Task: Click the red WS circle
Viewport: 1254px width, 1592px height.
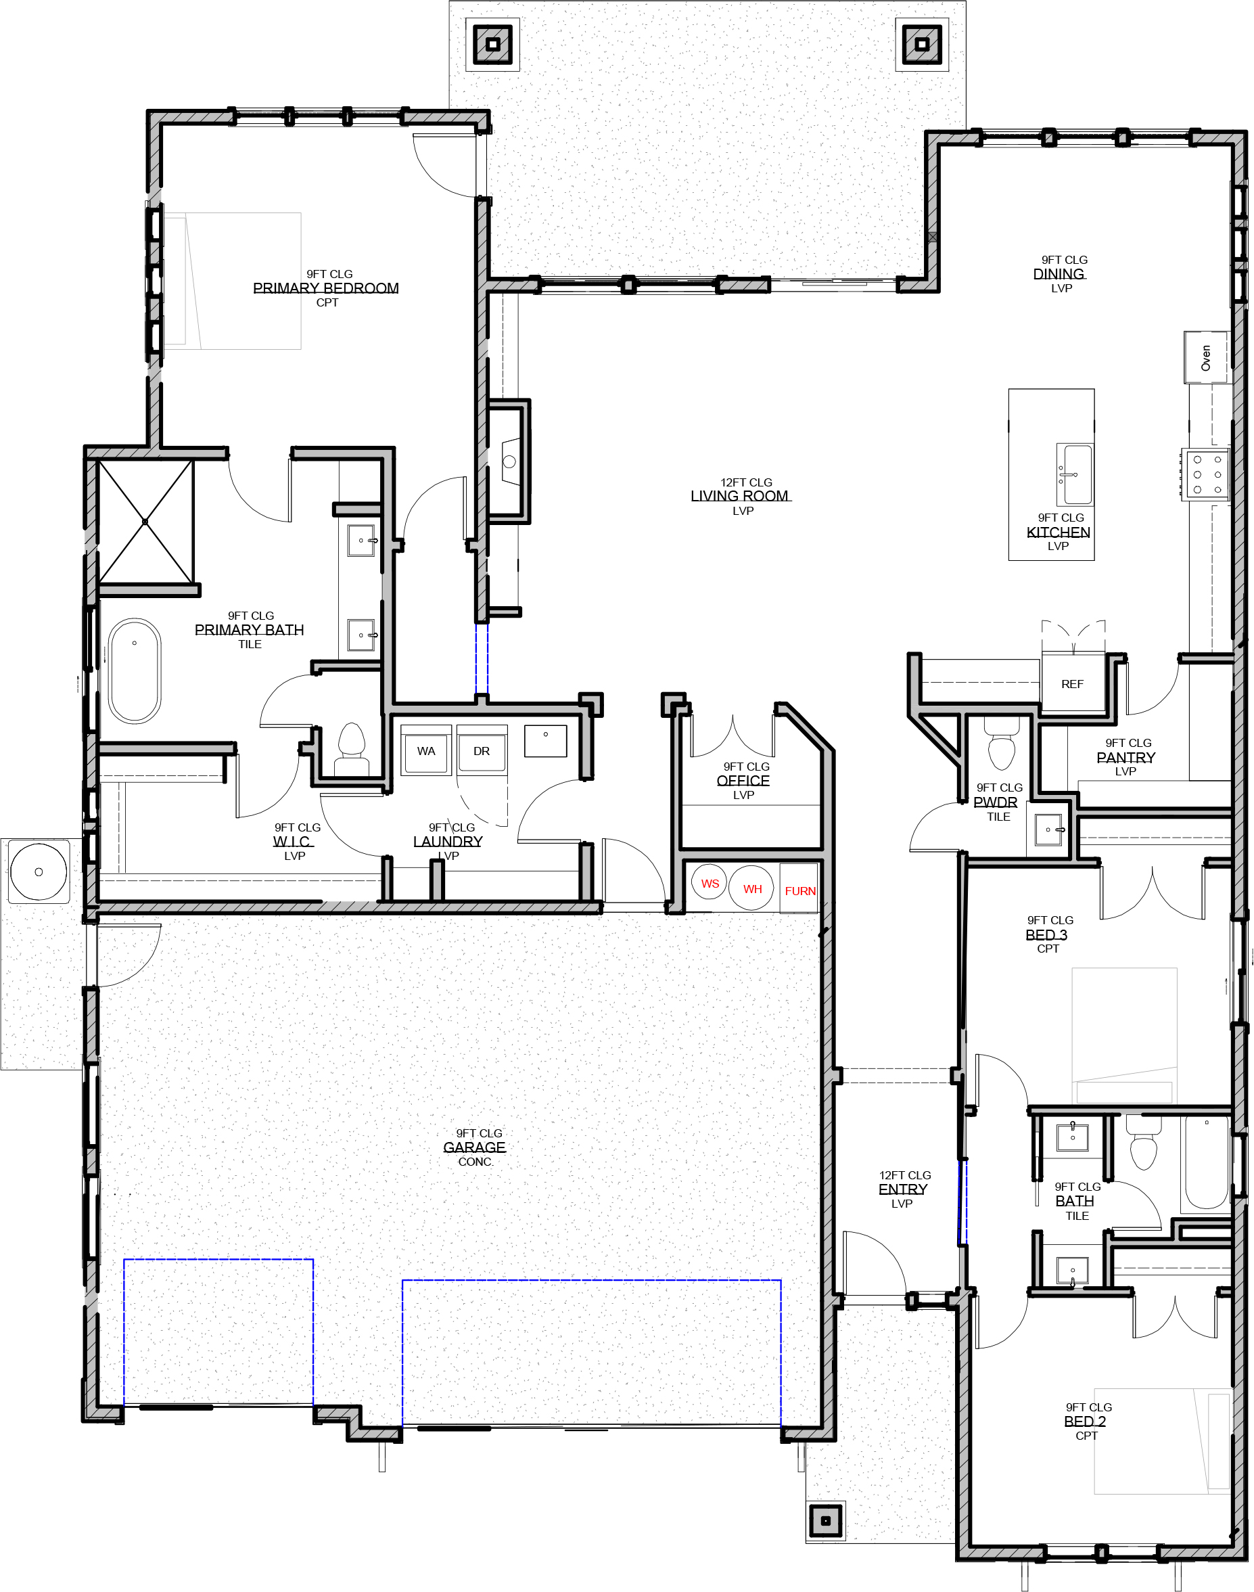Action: (710, 883)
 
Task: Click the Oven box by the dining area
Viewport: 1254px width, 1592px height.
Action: (1205, 358)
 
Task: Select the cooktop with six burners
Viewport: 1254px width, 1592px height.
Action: (1205, 474)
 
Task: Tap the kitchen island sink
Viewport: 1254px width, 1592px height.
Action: (1075, 474)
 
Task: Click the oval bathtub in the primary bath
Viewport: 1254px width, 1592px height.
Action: (135, 671)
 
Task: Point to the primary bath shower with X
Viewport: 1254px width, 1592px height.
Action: (145, 522)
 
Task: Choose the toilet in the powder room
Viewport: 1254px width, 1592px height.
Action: (1002, 743)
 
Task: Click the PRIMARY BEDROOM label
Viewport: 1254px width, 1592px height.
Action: (326, 288)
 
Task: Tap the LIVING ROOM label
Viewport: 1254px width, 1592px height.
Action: (740, 496)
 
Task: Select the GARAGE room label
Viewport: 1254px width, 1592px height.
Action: (474, 1147)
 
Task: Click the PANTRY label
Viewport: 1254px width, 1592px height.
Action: (1125, 757)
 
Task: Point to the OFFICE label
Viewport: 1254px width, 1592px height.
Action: (743, 781)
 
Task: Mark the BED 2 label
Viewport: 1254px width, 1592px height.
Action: (1085, 1421)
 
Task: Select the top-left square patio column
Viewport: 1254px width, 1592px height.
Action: (493, 44)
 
